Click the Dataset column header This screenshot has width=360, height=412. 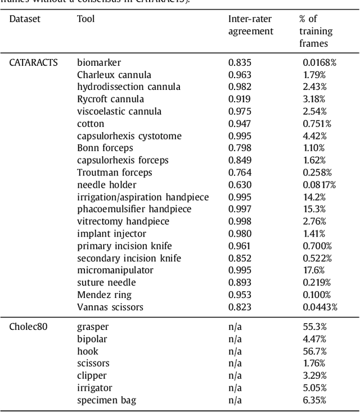25,19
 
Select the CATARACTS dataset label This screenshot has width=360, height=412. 34,63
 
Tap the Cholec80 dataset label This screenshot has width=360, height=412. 28,327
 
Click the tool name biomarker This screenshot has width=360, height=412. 99,63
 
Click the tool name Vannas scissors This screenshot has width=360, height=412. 110,307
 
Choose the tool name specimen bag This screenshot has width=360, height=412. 106,401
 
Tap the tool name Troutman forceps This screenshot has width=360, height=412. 115,173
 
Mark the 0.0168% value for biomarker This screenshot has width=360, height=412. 319,63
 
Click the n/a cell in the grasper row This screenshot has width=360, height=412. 235,327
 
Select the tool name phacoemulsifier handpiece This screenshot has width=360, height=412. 134,209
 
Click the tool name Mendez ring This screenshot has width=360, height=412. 105,295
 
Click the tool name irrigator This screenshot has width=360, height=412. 94,388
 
